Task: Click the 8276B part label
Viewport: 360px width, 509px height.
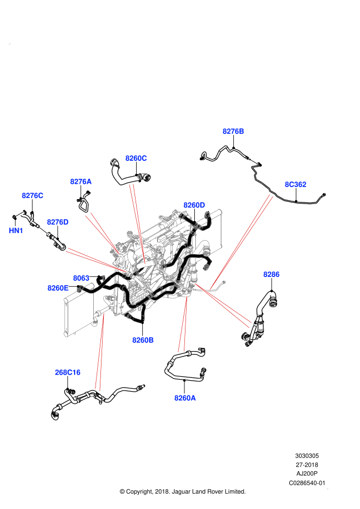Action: (233, 132)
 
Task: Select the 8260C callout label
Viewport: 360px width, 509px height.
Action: (136, 159)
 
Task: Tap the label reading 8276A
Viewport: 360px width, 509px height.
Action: (81, 182)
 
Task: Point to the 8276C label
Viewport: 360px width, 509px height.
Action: (32, 196)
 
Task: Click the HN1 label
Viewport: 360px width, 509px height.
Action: (16, 231)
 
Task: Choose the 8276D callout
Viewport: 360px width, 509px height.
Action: (58, 222)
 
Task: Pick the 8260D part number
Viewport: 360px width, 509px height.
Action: (194, 205)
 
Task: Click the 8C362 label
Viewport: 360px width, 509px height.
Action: (295, 184)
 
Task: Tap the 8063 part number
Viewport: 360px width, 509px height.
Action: (81, 278)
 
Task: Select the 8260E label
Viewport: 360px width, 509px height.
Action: (58, 288)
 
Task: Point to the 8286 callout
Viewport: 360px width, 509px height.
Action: (272, 274)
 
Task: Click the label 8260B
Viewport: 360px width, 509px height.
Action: (143, 340)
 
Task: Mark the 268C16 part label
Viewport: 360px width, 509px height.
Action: (67, 372)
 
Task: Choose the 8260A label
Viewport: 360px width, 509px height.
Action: (185, 398)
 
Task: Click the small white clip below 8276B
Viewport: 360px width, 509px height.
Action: (254, 161)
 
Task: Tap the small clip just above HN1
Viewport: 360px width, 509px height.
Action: (20, 214)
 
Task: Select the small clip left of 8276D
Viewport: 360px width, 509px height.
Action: (43, 230)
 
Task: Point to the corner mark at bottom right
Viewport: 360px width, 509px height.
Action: (327, 488)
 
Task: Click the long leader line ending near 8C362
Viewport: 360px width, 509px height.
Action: (241, 241)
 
